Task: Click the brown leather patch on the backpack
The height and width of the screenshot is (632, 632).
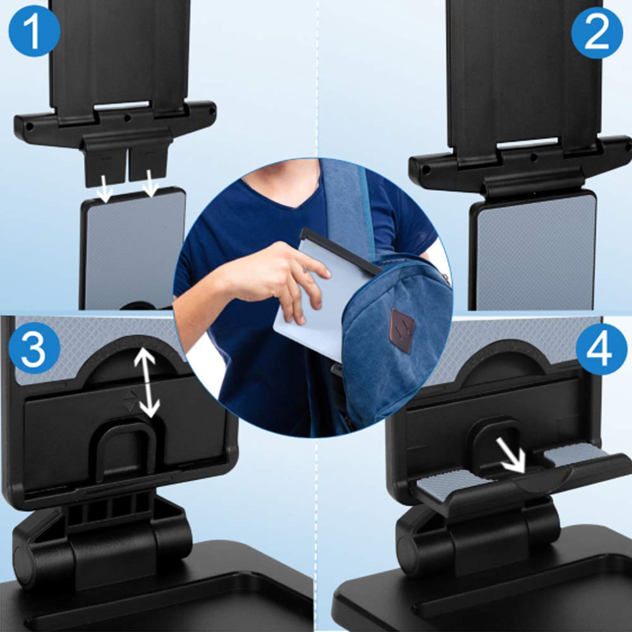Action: [402, 330]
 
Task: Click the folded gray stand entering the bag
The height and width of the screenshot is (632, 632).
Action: [310, 303]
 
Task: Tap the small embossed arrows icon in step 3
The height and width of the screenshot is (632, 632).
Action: [129, 402]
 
